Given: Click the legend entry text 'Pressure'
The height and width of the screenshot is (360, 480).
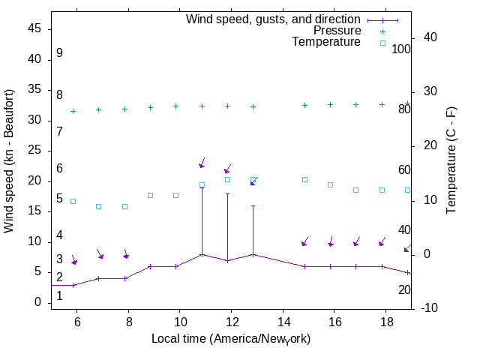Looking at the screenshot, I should (337, 31).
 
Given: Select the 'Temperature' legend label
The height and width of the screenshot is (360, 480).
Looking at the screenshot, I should (326, 42).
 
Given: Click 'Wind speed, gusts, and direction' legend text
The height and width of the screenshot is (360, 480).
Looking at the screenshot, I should (273, 19).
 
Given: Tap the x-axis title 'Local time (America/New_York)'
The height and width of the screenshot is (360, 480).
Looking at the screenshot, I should (231, 339).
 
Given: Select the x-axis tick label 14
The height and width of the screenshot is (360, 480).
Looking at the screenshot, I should (283, 321).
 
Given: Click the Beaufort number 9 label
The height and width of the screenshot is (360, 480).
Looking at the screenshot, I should (59, 53).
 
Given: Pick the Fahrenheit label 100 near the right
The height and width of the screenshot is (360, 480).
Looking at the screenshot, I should (401, 49).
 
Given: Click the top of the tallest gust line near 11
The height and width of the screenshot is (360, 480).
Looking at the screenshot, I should (202, 187).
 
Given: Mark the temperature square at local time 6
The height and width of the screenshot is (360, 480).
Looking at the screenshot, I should (73, 201).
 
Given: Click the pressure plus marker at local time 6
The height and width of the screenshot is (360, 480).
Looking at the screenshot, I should (73, 111).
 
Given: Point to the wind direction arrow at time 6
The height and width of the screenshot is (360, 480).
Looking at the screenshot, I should (73, 260).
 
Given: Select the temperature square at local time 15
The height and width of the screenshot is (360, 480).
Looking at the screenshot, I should (304, 179).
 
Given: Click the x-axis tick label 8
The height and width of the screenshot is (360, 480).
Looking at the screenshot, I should (128, 321).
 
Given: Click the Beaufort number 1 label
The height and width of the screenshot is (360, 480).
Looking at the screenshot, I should (59, 296).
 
